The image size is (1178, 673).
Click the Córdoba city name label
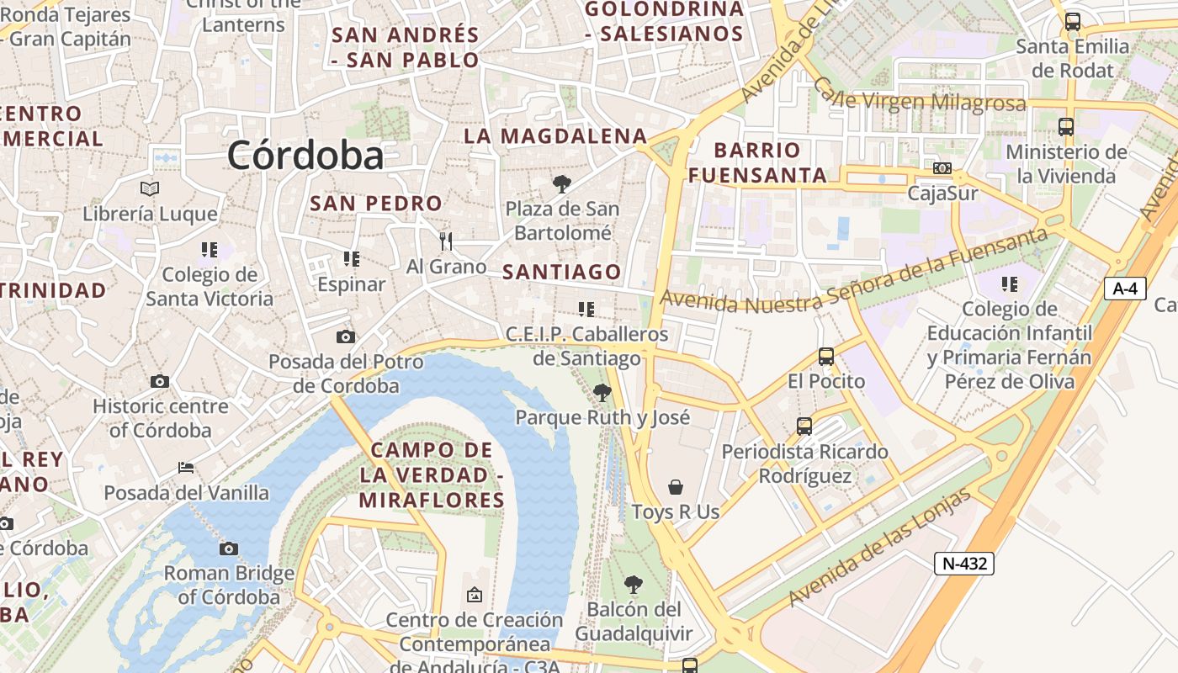pyautogui.click(x=305, y=156)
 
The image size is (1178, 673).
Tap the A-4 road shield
pyautogui.click(x=1125, y=289)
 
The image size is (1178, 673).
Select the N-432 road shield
pyautogui.click(x=963, y=563)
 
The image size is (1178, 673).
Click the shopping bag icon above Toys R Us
pyautogui.click(x=675, y=487)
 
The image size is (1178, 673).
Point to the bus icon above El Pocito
pyautogui.click(x=825, y=357)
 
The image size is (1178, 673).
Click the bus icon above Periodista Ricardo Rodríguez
pyautogui.click(x=804, y=427)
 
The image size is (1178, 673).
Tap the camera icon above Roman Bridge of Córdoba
pyautogui.click(x=228, y=549)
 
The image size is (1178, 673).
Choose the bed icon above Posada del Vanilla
pyautogui.click(x=186, y=468)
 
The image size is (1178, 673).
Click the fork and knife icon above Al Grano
pyautogui.click(x=446, y=241)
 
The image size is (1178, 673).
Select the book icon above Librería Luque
pyautogui.click(x=150, y=188)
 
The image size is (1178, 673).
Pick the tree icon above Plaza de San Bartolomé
pyautogui.click(x=561, y=184)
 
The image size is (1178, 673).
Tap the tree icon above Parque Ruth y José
pyautogui.click(x=602, y=392)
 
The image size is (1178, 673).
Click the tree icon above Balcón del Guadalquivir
pyautogui.click(x=633, y=584)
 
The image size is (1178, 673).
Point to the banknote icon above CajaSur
pyautogui.click(x=942, y=168)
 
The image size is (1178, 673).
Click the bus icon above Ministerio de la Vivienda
pyautogui.click(x=1066, y=127)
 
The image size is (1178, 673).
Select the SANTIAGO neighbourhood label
pyautogui.click(x=561, y=272)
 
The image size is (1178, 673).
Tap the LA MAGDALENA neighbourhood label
pyautogui.click(x=555, y=136)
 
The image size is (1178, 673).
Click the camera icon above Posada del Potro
pyautogui.click(x=345, y=337)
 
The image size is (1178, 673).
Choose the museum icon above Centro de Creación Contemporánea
pyautogui.click(x=474, y=596)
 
